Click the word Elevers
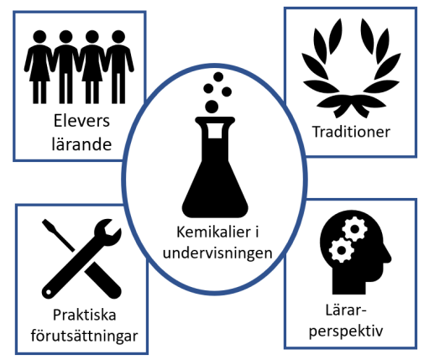pos(81,121)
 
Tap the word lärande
pos(81,143)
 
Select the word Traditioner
pos(351,132)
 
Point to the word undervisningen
pos(217,253)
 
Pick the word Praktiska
pos(85,315)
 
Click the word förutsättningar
pos(84,336)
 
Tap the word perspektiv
pos(346,331)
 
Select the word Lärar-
pos(346,310)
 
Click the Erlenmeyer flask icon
pos(215,168)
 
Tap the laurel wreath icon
pos(351,68)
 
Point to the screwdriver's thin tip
pos(44,221)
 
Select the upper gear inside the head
pos(354,229)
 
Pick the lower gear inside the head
pos(341,250)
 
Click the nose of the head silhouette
pos(389,256)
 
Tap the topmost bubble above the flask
pos(218,76)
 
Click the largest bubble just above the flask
pos(212,107)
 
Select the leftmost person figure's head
pos(39,37)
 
